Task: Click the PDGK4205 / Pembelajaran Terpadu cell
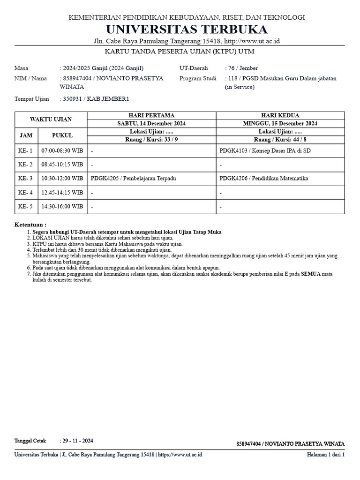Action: (134, 178)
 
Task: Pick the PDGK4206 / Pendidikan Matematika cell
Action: (264, 178)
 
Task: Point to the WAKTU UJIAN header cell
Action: (51, 120)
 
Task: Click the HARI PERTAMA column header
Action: (151, 115)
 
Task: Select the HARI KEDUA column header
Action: (280, 115)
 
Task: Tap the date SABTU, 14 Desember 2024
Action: (151, 123)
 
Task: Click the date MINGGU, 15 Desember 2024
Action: (280, 123)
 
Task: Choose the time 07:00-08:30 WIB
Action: (62, 151)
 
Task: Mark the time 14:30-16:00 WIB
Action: (62, 206)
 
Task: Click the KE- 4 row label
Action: (25, 192)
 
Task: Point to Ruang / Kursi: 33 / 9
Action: (151, 139)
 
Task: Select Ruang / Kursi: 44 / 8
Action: (280, 139)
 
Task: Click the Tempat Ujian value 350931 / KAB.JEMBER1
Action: (96, 99)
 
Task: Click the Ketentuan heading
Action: (30, 225)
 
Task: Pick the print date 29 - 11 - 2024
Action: (78, 441)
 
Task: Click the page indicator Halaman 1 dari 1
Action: (325, 455)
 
